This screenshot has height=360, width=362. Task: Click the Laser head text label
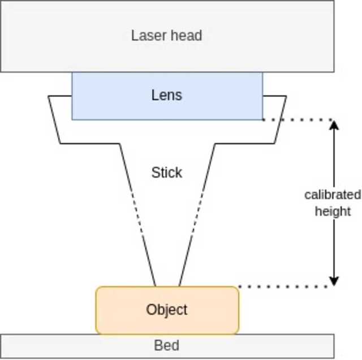[166, 36]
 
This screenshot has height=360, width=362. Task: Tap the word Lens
[167, 95]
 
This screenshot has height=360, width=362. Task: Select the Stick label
[167, 173]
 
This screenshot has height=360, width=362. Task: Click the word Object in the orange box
[167, 310]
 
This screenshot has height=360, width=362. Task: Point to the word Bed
[167, 345]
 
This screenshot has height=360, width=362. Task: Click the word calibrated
[333, 195]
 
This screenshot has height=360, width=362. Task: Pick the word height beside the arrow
[334, 212]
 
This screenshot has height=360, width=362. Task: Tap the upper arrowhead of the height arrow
[334, 125]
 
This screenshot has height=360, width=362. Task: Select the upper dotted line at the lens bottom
[297, 119]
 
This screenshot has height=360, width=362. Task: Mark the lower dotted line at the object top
[283, 286]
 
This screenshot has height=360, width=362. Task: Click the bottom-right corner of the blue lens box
[262, 119]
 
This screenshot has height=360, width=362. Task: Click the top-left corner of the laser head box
[2, 2]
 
